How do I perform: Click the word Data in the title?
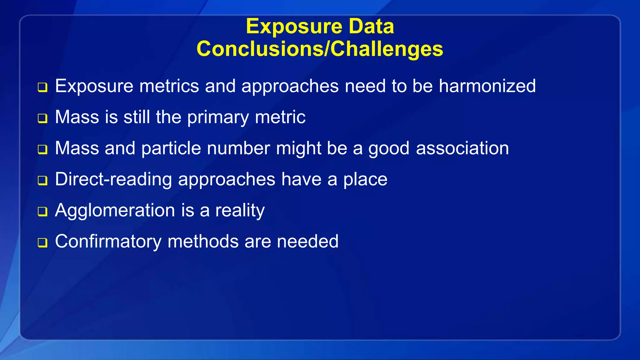(x=371, y=26)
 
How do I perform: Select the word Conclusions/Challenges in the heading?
(x=320, y=49)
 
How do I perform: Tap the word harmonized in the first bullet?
(x=487, y=86)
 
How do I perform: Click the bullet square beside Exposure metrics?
(x=42, y=87)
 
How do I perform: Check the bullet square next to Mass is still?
(x=42, y=118)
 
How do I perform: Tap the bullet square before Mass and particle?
(x=42, y=149)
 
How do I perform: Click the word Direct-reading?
(x=113, y=180)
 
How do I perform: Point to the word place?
(x=365, y=180)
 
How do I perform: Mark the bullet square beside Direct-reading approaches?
(x=42, y=181)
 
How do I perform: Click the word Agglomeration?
(x=115, y=210)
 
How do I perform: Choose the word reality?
(x=240, y=210)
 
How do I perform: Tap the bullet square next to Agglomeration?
(x=42, y=212)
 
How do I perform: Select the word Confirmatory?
(x=108, y=242)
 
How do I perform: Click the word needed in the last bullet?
(x=307, y=242)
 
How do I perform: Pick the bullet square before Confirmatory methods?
(x=42, y=243)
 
